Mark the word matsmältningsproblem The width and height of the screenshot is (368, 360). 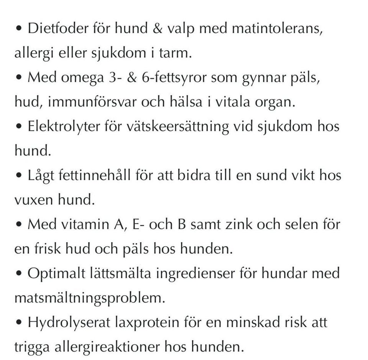coord(90,298)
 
